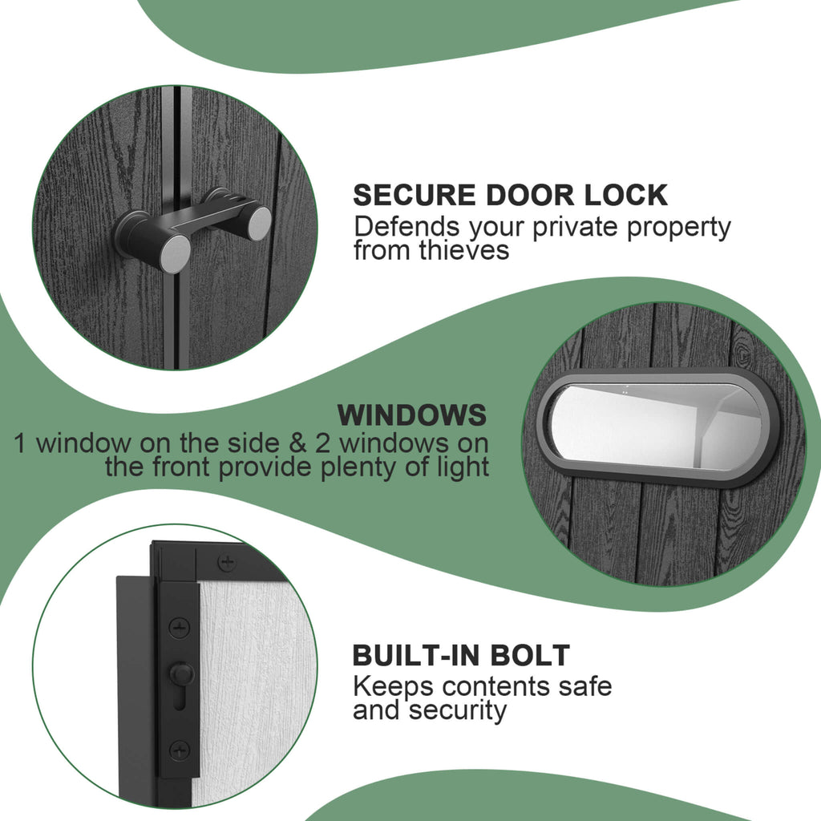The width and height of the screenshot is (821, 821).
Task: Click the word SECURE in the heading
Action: pos(415,196)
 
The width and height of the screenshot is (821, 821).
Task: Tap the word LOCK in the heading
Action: pos(625,196)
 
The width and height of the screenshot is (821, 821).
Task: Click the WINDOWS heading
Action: pos(412,415)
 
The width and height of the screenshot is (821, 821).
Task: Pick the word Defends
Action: pos(406,227)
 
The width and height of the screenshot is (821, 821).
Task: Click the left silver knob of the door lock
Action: pos(176,253)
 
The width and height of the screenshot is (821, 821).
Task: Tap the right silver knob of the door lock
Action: pos(259,224)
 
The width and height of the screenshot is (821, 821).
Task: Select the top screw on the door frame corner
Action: pos(227,563)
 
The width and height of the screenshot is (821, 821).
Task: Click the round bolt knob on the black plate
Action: pos(181,673)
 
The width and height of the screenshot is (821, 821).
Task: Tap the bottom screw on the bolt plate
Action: pos(180,750)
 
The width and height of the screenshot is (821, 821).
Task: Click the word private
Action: pos(576,228)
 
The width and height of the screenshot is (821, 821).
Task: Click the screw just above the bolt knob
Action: pos(180,627)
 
